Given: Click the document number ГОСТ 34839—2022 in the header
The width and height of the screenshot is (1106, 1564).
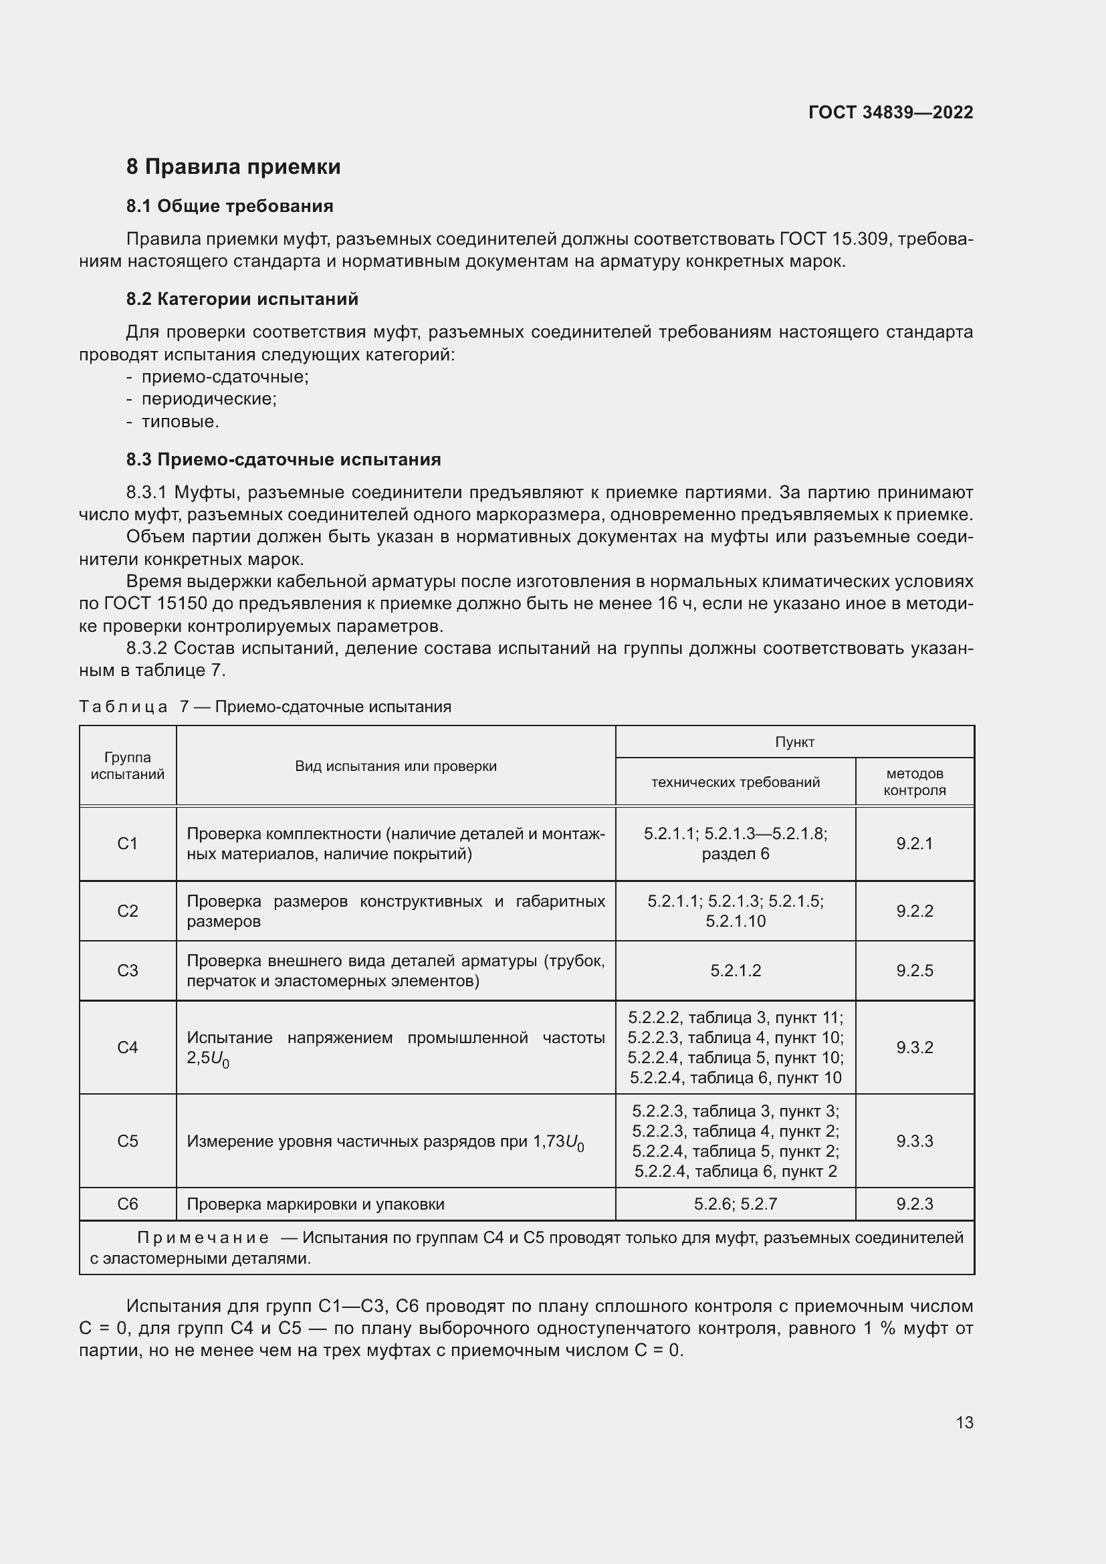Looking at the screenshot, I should click(890, 112).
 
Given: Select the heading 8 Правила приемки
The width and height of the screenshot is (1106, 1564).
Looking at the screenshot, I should click(233, 167).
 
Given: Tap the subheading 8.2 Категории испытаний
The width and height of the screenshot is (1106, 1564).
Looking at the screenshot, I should click(242, 299).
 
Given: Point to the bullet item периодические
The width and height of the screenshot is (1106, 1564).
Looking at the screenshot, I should click(209, 399).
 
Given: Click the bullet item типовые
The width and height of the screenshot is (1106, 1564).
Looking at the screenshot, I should click(180, 422).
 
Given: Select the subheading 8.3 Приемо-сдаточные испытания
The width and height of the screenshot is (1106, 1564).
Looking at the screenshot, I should click(284, 460).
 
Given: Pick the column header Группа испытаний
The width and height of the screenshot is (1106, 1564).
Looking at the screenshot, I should click(127, 766).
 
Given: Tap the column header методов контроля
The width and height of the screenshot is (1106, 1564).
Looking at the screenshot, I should click(914, 782).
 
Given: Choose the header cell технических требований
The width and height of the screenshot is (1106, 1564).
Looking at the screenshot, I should click(735, 782).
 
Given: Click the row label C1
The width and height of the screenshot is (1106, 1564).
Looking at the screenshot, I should click(127, 844).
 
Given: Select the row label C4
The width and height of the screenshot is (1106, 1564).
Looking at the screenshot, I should click(127, 1048).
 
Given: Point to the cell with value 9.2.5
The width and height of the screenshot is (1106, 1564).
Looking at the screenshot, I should click(914, 971).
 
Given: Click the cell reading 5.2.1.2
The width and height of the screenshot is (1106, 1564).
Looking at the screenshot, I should click(735, 971).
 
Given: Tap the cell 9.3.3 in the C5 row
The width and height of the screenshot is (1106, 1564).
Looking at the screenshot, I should click(914, 1141).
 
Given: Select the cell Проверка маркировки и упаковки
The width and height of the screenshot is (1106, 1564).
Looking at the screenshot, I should click(316, 1204).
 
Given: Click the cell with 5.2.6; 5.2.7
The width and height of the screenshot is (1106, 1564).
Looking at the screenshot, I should click(735, 1204).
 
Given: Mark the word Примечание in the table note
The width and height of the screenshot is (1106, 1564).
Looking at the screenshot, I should click(202, 1238).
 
